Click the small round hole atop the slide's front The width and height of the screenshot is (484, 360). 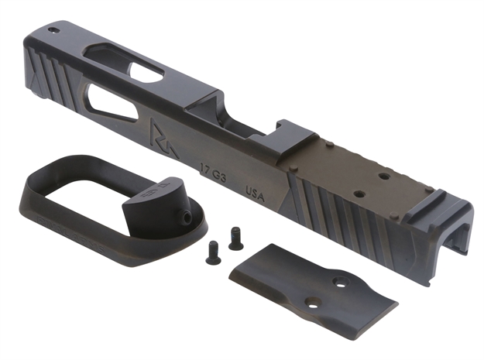[53, 31]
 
